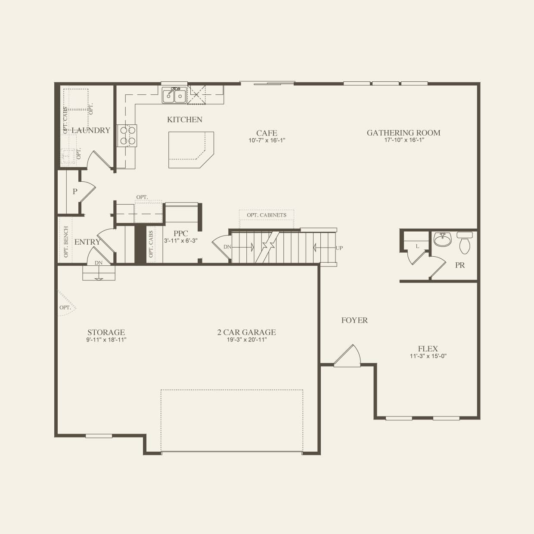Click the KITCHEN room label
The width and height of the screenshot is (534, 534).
(x=185, y=120)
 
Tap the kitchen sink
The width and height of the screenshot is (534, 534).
(x=174, y=95)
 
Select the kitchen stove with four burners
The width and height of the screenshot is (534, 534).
(x=127, y=135)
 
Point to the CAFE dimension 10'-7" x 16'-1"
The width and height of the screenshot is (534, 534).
(x=267, y=140)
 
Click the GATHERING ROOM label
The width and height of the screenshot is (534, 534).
(x=404, y=133)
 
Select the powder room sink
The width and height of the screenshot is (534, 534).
(x=442, y=239)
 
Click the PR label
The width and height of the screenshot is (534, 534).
(x=460, y=265)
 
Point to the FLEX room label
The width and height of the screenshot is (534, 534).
(x=428, y=349)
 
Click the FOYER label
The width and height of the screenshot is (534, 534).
(x=354, y=320)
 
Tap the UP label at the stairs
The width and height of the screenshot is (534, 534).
(x=339, y=248)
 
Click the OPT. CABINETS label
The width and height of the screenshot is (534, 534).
(x=267, y=215)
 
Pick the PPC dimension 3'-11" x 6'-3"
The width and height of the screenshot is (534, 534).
(x=181, y=241)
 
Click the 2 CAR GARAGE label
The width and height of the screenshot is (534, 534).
(x=246, y=332)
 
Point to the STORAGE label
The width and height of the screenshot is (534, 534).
(x=106, y=332)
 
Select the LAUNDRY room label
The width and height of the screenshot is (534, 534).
(x=91, y=130)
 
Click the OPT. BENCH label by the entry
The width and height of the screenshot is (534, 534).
(x=66, y=242)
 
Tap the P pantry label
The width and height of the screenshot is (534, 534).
(x=75, y=192)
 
